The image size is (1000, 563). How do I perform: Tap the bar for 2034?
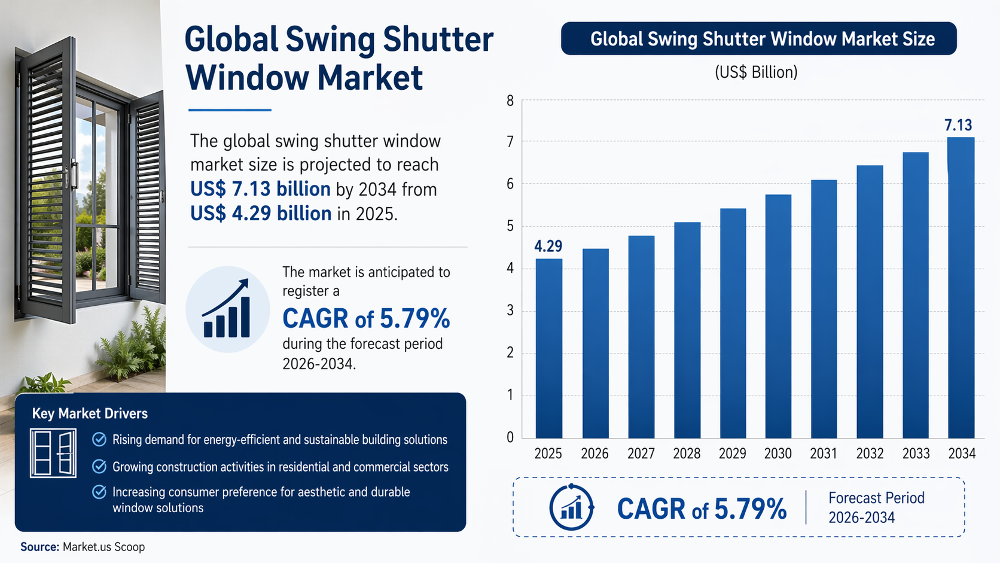coord(961,288)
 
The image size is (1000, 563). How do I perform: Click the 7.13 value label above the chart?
coord(958,125)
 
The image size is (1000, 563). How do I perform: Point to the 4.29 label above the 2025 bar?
coord(548,246)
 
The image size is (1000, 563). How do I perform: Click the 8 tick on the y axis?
coord(510,101)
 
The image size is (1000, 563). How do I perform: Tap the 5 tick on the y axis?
coord(510,226)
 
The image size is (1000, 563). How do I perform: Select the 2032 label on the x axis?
coord(870,454)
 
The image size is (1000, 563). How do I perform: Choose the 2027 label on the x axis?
coord(641,454)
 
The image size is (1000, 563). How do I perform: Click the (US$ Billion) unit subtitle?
coord(756,72)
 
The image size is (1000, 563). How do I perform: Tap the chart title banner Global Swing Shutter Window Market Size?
coord(758,39)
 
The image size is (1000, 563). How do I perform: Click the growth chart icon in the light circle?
coord(227,309)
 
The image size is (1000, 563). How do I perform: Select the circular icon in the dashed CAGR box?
coord(571,507)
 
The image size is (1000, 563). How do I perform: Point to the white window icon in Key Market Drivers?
coord(53,452)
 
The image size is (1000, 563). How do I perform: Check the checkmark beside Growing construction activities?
coord(99,467)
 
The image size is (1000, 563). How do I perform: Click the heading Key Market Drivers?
coord(90,413)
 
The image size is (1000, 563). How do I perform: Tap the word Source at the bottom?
coord(39,547)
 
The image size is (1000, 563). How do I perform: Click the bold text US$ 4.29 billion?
coord(261,214)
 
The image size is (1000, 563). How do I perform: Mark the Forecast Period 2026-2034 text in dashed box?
coord(876,507)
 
